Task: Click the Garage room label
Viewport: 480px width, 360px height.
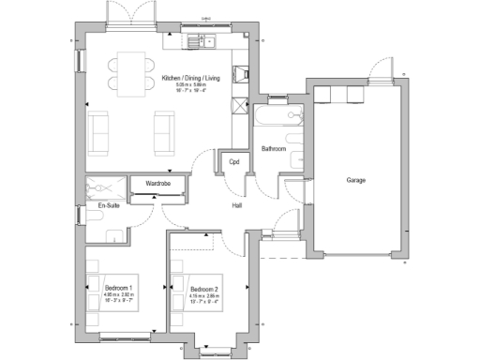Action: point(356,179)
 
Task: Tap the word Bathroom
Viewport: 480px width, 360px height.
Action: point(274,149)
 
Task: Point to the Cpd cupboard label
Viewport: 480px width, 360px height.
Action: point(233,162)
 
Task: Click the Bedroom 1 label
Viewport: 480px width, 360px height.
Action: point(117,288)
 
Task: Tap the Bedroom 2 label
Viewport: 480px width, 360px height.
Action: point(203,288)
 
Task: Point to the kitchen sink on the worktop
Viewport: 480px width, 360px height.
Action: point(200,41)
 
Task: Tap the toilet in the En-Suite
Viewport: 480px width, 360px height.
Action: point(96,217)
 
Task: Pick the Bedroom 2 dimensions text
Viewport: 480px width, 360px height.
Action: point(203,299)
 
